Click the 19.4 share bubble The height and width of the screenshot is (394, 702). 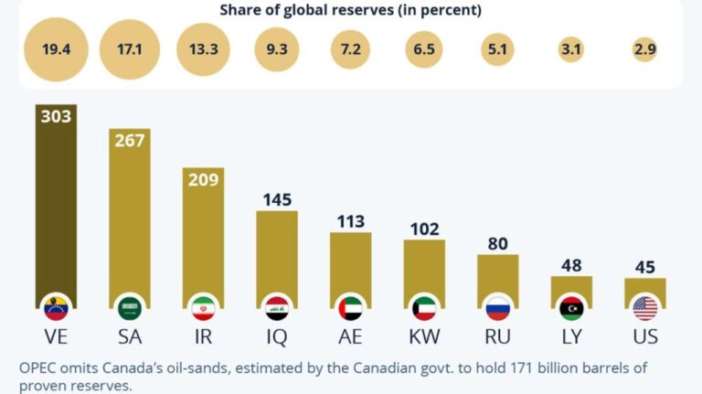tap(56, 50)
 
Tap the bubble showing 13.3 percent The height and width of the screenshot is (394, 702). tap(204, 50)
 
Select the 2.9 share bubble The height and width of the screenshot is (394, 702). tap(645, 50)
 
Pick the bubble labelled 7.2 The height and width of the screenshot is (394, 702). tap(351, 50)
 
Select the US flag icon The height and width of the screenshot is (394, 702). tap(645, 308)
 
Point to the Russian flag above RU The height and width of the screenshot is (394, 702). tap(498, 308)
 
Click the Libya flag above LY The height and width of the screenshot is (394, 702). tap(571, 308)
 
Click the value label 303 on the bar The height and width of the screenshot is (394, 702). tap(56, 116)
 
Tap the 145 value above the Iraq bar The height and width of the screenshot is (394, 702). tap(277, 199)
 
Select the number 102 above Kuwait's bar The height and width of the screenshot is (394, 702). tap(424, 228)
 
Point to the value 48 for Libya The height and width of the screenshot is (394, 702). tap(571, 264)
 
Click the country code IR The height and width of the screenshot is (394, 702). tap(204, 336)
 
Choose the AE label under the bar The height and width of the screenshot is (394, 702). tap(351, 336)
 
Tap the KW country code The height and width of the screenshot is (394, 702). tap(424, 336)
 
